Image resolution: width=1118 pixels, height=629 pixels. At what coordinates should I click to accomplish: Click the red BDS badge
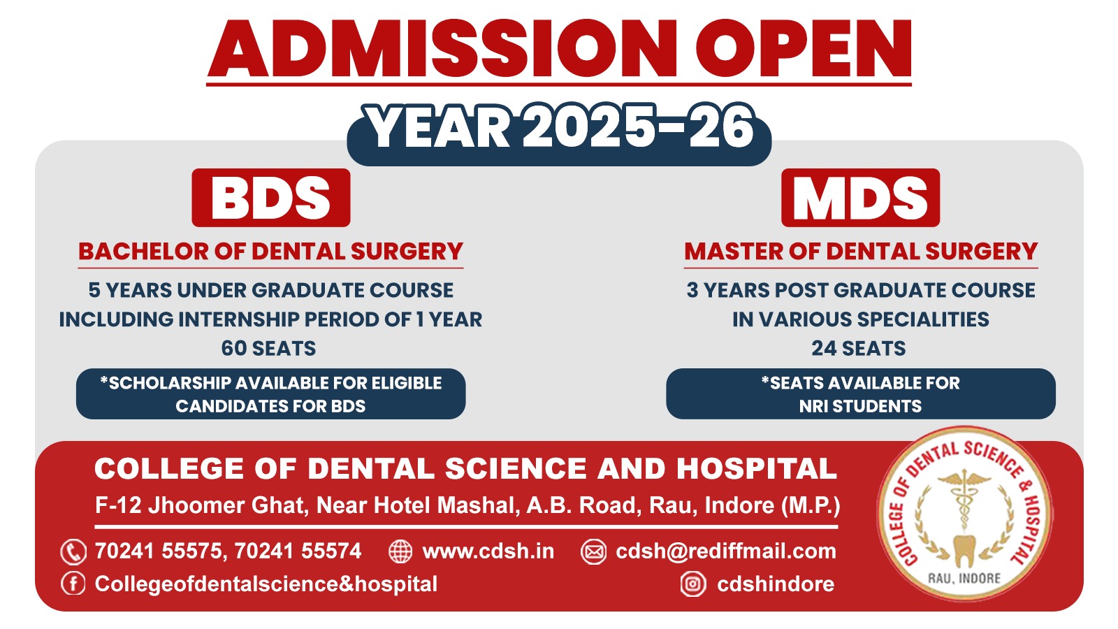[x=271, y=198]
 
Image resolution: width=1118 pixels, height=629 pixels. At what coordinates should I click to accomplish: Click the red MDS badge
[x=860, y=198]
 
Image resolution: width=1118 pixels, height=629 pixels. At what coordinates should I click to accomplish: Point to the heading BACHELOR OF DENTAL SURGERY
[x=270, y=251]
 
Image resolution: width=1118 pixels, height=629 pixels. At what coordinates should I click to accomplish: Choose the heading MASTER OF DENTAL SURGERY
[x=861, y=251]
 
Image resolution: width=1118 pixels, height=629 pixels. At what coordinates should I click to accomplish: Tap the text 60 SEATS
[x=268, y=348]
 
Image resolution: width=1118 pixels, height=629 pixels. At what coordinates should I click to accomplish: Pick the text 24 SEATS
[x=859, y=348]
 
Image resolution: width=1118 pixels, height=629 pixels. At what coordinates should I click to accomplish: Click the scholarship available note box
[x=270, y=394]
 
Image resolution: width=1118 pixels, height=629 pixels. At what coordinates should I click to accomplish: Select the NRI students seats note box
[x=860, y=394]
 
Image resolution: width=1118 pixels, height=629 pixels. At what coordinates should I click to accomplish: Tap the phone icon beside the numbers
[x=73, y=552]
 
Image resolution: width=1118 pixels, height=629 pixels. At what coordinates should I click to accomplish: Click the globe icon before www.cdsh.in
[x=400, y=551]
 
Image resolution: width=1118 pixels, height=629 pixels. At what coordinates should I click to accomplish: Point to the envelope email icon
[x=593, y=551]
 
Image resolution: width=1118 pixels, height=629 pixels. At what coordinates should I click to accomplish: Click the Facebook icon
[x=73, y=584]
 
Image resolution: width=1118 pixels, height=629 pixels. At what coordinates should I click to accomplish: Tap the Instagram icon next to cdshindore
[x=692, y=584]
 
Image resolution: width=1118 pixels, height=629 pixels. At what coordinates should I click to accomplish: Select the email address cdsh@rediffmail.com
[x=726, y=551]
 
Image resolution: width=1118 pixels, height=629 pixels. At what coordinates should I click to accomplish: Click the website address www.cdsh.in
[x=488, y=551]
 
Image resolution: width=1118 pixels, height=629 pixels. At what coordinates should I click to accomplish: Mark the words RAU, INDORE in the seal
[x=964, y=579]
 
